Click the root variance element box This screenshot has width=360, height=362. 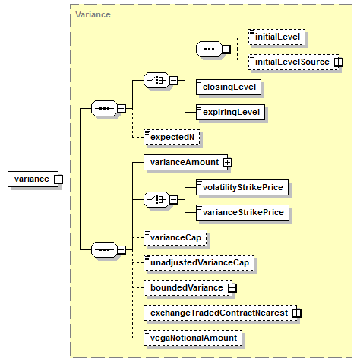coord(33,179)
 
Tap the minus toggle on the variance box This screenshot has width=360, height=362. coord(58,179)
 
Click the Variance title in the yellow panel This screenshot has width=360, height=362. coord(93,14)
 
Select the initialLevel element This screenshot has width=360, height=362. coord(276,37)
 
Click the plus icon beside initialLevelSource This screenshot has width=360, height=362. coord(339,62)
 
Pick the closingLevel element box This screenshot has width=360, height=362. coord(229,87)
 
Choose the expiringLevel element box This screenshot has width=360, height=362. coord(230,112)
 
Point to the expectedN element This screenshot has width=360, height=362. coord(172,137)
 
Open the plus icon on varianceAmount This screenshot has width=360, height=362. coord(228,163)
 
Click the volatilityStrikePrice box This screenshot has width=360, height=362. coord(242,187)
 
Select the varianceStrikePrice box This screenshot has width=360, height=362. coord(242,212)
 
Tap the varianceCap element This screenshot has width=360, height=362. coord(175,237)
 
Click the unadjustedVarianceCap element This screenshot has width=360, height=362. coord(199,262)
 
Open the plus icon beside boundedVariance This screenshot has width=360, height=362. coord(232,288)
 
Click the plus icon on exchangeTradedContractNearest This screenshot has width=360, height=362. coord(296,313)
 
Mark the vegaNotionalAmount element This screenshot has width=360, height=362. coord(193,338)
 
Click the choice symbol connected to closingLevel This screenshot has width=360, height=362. coord(157,81)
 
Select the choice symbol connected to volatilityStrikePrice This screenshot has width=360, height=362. coord(157,200)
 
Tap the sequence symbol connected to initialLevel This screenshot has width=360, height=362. coord(209,49)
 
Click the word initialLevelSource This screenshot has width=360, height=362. coord(292,62)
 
